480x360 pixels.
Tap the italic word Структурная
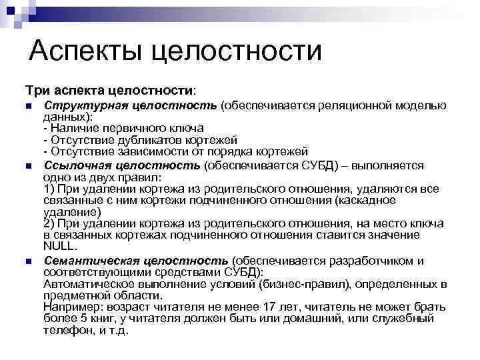pos(81,106)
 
